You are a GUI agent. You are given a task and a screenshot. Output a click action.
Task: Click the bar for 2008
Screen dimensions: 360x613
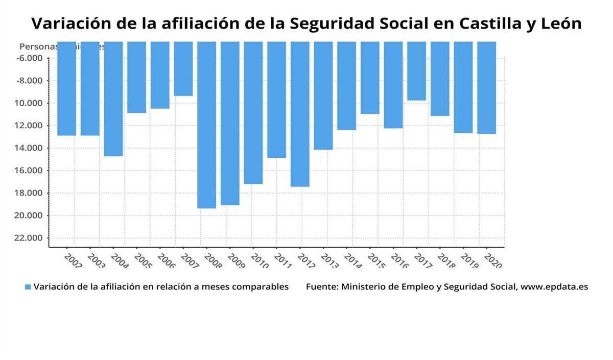(x=206, y=125)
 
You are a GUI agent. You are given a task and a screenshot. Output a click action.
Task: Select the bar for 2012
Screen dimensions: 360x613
(x=300, y=114)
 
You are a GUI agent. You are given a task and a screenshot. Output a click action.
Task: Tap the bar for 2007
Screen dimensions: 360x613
(x=183, y=69)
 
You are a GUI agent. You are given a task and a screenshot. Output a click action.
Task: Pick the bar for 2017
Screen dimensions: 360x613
(x=416, y=71)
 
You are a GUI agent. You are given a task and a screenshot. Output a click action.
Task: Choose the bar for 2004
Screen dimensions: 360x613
(x=113, y=99)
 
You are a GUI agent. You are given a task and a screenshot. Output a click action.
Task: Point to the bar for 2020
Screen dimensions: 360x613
(x=486, y=88)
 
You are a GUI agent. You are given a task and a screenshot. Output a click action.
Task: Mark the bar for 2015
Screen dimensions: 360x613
(x=370, y=78)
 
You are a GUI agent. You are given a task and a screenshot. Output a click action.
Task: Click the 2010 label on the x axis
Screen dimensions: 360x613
(x=260, y=260)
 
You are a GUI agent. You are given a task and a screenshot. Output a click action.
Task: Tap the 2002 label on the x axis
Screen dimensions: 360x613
(x=74, y=260)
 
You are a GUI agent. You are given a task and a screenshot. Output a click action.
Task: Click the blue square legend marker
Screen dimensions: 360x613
(x=28, y=287)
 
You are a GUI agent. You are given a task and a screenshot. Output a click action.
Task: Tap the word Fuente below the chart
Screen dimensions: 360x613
(x=321, y=287)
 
